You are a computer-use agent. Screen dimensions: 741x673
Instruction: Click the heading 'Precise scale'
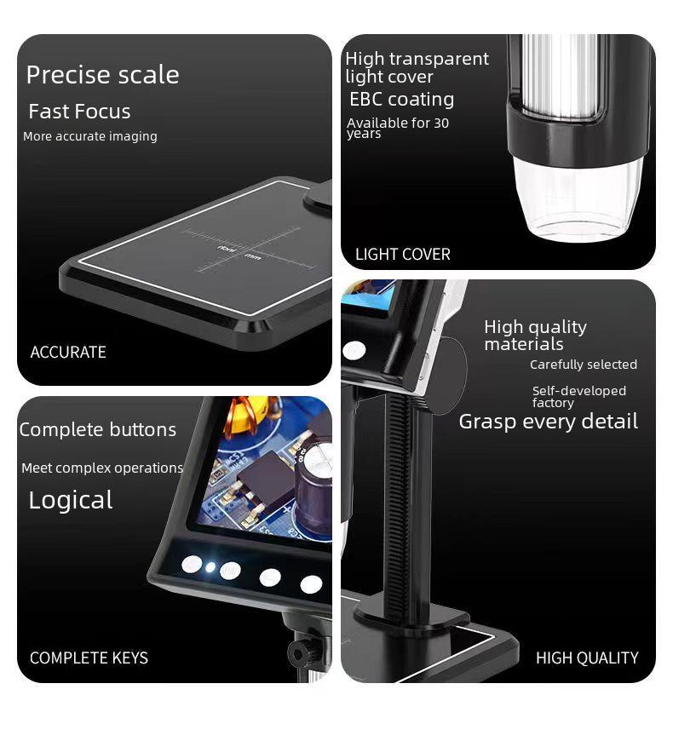102,75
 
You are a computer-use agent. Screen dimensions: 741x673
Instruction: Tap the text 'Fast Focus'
79,112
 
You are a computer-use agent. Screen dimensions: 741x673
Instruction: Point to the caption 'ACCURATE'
68,352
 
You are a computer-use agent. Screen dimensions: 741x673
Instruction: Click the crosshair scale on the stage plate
240,250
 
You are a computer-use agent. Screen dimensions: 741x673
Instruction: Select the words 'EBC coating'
401,100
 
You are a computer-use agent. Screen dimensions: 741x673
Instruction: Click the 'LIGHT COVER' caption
402,254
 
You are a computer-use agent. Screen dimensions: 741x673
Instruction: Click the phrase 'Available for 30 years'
397,128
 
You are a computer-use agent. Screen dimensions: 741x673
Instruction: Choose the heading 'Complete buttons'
98,429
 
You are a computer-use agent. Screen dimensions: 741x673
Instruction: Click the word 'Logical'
71,500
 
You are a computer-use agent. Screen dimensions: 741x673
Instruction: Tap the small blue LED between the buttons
210,566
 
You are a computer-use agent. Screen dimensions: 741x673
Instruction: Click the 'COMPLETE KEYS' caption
89,658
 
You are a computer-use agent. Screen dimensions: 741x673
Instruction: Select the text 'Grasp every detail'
548,422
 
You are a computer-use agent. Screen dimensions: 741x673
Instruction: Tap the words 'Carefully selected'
583,365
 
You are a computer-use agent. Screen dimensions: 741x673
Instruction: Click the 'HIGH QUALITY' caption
586,658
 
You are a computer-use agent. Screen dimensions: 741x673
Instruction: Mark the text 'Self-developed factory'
578,396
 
